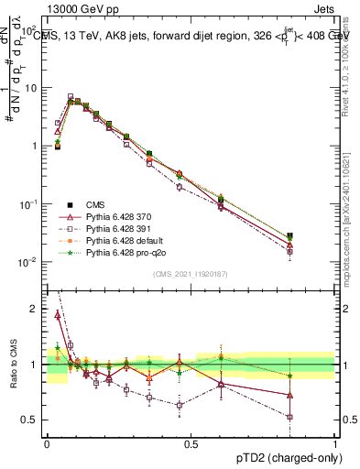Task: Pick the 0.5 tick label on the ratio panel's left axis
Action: [x=32, y=420]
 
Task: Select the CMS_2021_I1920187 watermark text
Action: [x=191, y=274]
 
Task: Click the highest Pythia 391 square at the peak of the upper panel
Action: [x=71, y=96]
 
